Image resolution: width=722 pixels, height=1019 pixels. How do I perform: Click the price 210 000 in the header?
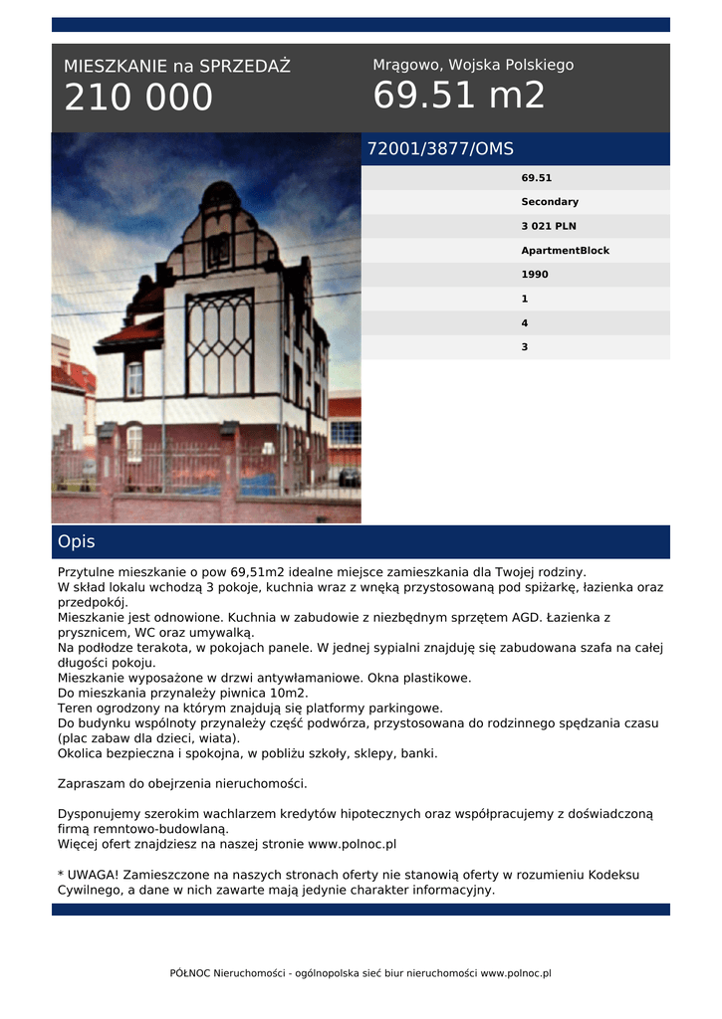point(138,98)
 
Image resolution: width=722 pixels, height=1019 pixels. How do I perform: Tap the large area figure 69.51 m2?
point(459,96)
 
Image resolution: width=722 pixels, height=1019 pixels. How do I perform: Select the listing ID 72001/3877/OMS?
point(440,149)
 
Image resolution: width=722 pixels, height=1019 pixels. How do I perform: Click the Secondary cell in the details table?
point(549,202)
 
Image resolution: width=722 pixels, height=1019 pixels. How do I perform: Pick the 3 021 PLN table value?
point(549,226)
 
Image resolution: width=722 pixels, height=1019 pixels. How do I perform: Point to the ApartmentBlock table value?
point(565,251)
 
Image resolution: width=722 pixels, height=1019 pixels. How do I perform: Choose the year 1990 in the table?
point(535,275)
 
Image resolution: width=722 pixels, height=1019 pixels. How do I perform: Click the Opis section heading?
point(77,542)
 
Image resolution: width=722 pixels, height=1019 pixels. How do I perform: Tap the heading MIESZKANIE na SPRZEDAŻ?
point(177,67)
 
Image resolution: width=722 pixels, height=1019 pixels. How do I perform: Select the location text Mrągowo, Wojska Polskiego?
point(473,65)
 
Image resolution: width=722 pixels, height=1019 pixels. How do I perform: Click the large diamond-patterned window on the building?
point(219,343)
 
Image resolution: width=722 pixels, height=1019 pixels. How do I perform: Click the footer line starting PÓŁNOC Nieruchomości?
point(361,973)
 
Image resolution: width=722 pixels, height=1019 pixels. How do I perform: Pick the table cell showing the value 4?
point(525,323)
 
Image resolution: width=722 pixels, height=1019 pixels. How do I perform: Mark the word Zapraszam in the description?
point(90,783)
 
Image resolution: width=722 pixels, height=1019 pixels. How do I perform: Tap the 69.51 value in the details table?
point(536,178)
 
